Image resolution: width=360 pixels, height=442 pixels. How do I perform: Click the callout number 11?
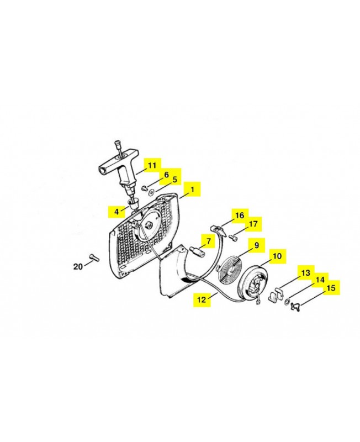pyautogui.click(x=152, y=165)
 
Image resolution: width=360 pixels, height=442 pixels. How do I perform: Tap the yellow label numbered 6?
pyautogui.click(x=167, y=175)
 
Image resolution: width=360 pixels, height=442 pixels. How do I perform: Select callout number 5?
pyautogui.click(x=174, y=180)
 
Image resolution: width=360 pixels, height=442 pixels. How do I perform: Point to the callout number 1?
pyautogui.click(x=192, y=189)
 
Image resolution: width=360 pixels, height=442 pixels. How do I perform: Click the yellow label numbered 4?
pyautogui.click(x=117, y=212)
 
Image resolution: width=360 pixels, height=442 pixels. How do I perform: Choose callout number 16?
pyautogui.click(x=240, y=215)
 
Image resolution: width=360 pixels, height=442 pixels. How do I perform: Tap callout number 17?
pyautogui.click(x=253, y=224)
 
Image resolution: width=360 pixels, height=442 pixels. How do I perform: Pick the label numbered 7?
pyautogui.click(x=209, y=241)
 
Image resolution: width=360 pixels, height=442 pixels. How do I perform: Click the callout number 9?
pyautogui.click(x=256, y=245)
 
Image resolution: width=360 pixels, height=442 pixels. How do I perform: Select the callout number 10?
pyautogui.click(x=278, y=256)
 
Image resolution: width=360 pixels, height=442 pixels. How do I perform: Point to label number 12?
pyautogui.click(x=202, y=299)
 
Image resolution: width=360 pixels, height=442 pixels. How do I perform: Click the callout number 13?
pyautogui.click(x=306, y=272)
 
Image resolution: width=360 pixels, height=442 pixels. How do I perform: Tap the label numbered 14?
pyautogui.click(x=320, y=280)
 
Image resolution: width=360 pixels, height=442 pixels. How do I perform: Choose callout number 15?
pyautogui.click(x=331, y=288)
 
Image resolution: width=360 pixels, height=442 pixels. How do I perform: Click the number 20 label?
pyautogui.click(x=78, y=266)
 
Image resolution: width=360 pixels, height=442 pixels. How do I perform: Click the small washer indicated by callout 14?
pyautogui.click(x=286, y=302)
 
